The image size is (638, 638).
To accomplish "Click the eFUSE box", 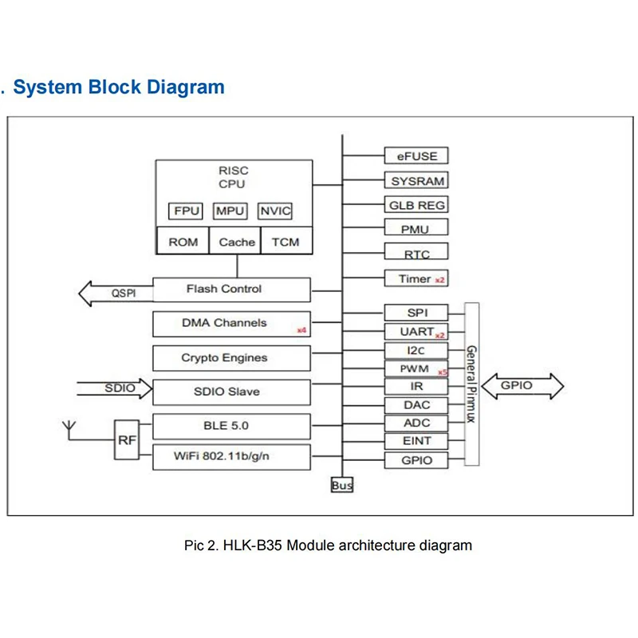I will point(416,156).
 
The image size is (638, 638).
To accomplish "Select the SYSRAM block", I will point(416,181).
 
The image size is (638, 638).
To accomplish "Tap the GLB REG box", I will point(416,205).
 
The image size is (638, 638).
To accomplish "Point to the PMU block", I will point(416,229).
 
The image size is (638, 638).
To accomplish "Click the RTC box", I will point(416,254).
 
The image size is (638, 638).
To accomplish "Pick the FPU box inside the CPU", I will point(187,211).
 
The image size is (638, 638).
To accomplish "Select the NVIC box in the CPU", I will point(276,211).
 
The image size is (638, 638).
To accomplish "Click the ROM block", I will point(183,242).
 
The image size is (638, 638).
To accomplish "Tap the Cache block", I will point(237,242).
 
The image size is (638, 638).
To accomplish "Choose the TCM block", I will point(286,242).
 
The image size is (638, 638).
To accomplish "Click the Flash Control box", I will point(231,289).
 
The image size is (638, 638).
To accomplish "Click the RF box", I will point(126,439).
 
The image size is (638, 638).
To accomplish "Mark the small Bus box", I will point(342,485).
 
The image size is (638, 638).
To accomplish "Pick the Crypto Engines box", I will point(231,358).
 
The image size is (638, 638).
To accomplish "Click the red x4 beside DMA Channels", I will point(301,330).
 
